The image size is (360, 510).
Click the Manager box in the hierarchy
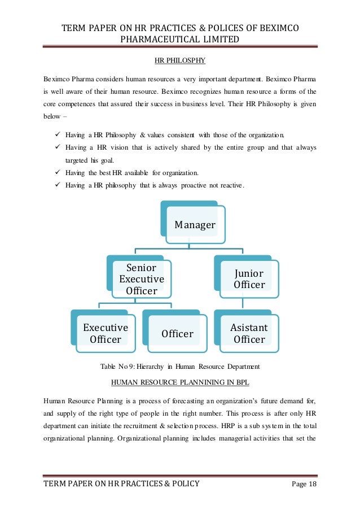[x=195, y=225]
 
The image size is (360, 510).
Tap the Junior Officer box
[x=249, y=278]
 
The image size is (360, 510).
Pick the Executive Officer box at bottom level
[x=106, y=333]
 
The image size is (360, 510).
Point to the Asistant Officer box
[x=249, y=333]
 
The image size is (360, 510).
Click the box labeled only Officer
[x=177, y=334]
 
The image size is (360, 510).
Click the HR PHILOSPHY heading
[x=180, y=59]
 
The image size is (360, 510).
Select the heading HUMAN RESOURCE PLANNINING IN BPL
[x=180, y=382]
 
